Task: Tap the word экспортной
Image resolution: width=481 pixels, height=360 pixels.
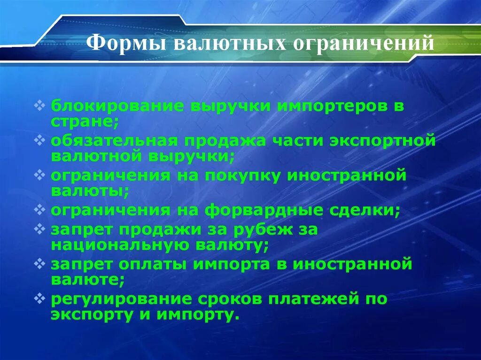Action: click(388, 140)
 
